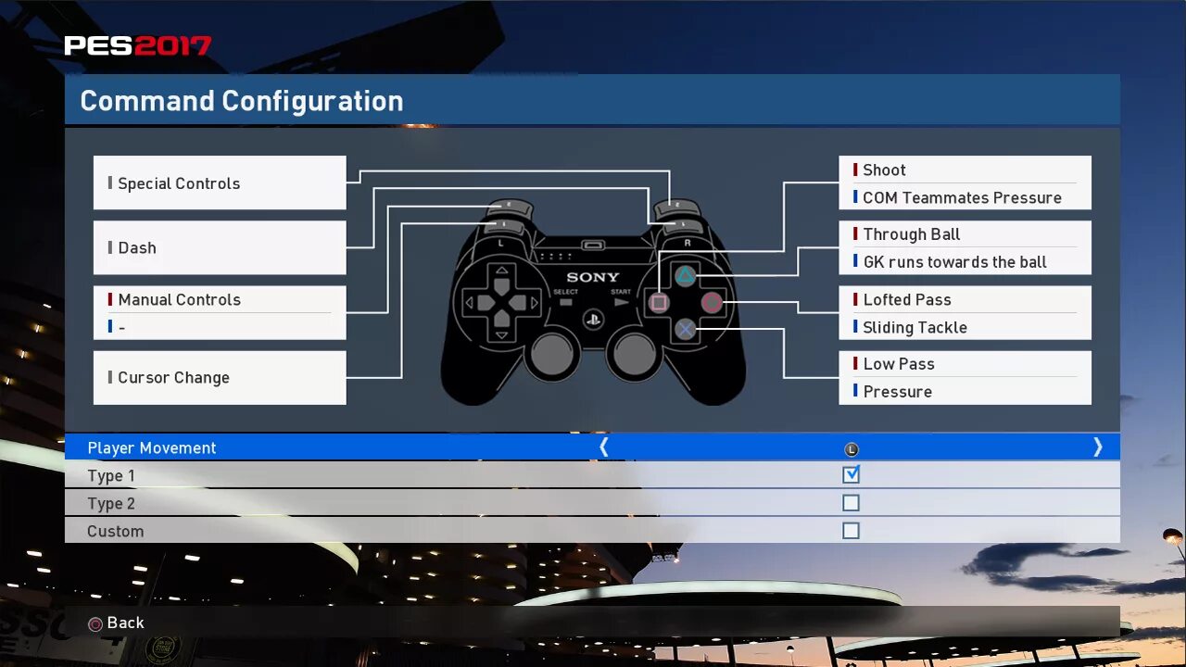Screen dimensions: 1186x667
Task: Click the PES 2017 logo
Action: point(137,45)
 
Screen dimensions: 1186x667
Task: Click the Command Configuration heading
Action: point(241,101)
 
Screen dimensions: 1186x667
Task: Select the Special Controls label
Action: point(179,183)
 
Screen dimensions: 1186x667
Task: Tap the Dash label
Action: point(137,248)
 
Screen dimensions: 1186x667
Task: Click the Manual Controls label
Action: point(179,300)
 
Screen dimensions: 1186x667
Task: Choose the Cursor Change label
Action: point(173,378)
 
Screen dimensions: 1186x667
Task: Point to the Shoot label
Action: point(884,170)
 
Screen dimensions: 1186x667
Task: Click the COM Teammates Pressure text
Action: point(962,198)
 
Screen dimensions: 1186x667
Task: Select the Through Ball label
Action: point(911,235)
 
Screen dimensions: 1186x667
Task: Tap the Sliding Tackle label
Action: point(915,328)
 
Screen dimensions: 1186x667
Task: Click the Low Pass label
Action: point(898,365)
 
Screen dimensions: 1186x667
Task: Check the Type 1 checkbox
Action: point(851,475)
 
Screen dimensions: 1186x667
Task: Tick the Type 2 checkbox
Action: point(851,503)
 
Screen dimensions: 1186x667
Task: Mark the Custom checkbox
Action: point(851,531)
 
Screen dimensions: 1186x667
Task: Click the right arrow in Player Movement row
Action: point(1098,447)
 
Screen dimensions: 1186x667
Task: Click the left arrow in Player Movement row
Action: point(604,447)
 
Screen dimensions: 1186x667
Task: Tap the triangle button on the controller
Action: point(685,276)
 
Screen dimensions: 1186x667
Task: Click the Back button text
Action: point(125,623)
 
